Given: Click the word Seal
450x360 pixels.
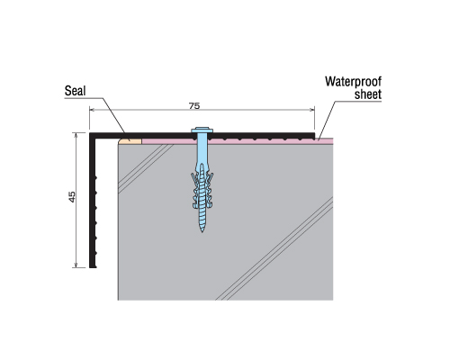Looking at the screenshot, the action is pyautogui.click(x=75, y=91).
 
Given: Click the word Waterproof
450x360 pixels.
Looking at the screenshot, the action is pyautogui.click(x=354, y=82).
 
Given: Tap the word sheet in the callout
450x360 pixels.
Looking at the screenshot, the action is pyautogui.click(x=368, y=94).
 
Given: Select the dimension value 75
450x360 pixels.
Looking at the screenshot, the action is pyautogui.click(x=194, y=106).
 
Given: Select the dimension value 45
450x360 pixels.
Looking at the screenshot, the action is pyautogui.click(x=72, y=196).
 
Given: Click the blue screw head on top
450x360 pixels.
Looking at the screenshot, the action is pyautogui.click(x=202, y=130).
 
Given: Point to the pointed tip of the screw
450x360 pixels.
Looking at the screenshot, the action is pyautogui.click(x=202, y=231).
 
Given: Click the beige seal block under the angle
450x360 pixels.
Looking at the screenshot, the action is pyautogui.click(x=130, y=141).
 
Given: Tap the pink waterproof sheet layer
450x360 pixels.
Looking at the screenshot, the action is pyautogui.click(x=237, y=141).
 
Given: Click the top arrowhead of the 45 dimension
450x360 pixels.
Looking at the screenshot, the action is pyautogui.click(x=76, y=136).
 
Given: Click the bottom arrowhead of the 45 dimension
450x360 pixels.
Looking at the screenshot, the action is pyautogui.click(x=76, y=265).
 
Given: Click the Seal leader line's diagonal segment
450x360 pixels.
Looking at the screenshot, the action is pyautogui.click(x=114, y=115).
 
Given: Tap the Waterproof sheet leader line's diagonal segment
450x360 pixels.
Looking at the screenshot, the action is pyautogui.click(x=327, y=120).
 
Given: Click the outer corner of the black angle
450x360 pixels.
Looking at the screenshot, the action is pyautogui.click(x=90, y=132).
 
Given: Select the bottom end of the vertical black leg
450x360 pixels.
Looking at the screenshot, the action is pyautogui.click(x=93, y=267).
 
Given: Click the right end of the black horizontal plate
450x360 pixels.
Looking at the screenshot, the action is pyautogui.click(x=314, y=136).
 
